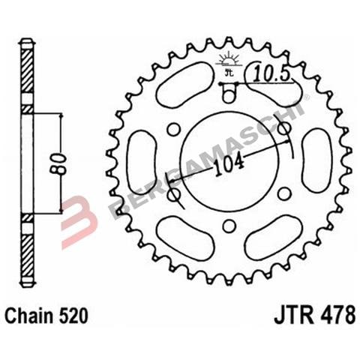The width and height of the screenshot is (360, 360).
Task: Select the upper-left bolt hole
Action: tap(172, 129)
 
